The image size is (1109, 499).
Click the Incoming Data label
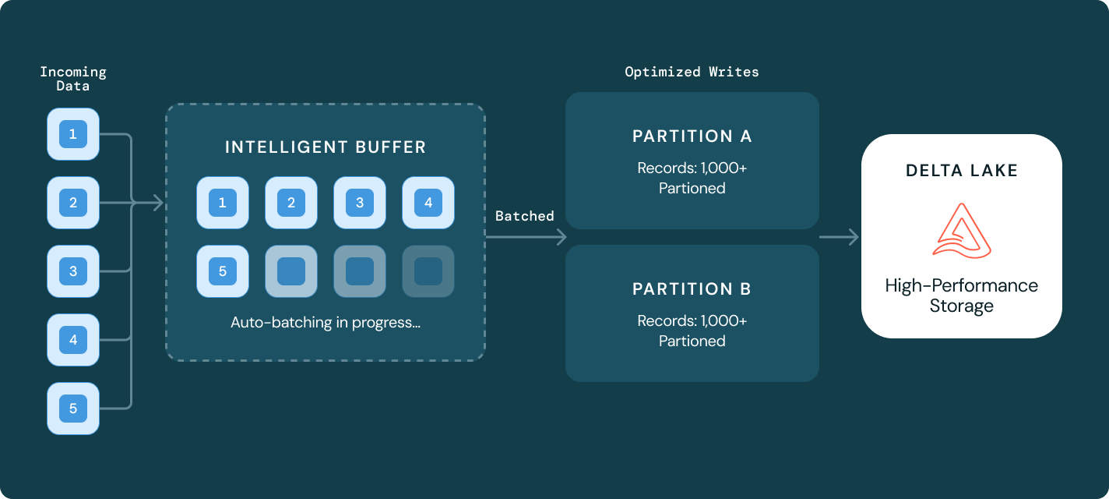[73, 79]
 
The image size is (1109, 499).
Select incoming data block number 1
[73, 135]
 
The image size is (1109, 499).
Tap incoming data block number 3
[73, 271]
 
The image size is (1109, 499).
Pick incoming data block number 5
[73, 409]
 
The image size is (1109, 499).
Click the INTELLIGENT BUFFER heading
[326, 147]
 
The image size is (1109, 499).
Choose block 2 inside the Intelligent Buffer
[291, 203]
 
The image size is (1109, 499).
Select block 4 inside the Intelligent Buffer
[428, 203]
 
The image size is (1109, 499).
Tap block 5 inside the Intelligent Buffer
[223, 271]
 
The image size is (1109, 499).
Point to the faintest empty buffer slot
[428, 271]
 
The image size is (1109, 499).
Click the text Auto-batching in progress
[326, 322]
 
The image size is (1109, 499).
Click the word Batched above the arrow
[525, 216]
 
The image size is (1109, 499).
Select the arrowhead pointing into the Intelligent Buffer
[158, 203]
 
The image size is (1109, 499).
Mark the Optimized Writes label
[692, 72]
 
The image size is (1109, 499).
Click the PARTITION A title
[692, 136]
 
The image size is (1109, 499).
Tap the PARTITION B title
[692, 289]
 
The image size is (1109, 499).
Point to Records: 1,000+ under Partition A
[692, 168]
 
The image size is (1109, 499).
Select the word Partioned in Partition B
[692, 341]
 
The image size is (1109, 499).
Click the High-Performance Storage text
[962, 296]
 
